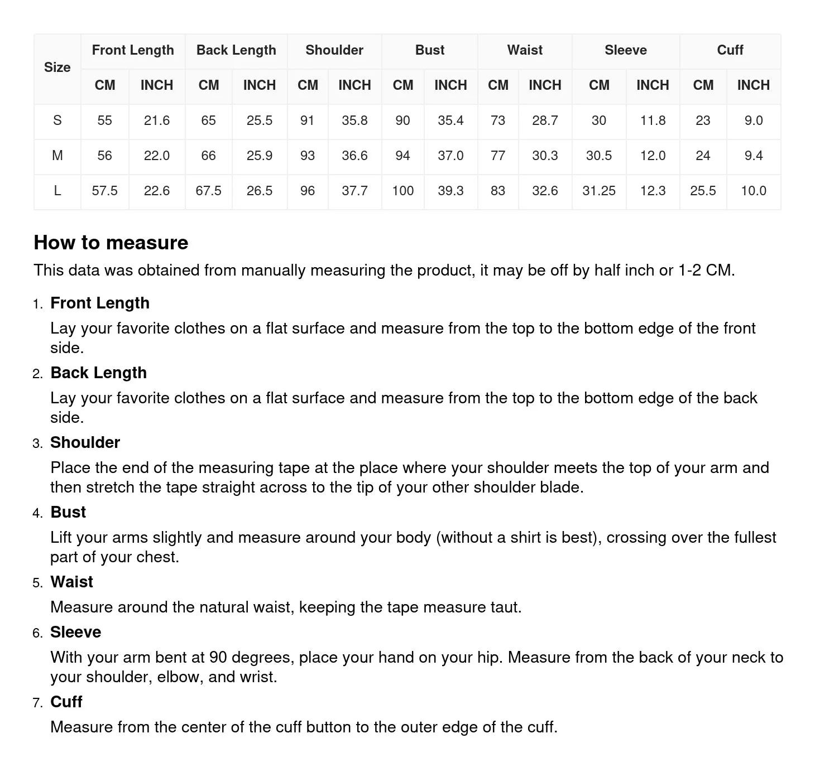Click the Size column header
tap(57, 67)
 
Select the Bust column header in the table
tap(429, 50)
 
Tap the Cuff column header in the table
tap(730, 50)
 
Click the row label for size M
tap(57, 156)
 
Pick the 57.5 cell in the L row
tap(104, 191)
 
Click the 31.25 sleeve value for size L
tap(598, 191)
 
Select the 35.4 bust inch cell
tap(450, 120)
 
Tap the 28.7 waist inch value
tap(545, 120)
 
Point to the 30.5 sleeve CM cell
tap(598, 156)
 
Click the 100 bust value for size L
tap(402, 191)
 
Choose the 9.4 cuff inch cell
tap(753, 156)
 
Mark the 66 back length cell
tap(208, 156)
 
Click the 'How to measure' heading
tap(111, 243)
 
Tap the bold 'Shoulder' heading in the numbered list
tap(85, 442)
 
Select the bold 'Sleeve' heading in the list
tap(75, 632)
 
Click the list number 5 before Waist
tap(37, 583)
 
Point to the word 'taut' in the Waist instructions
tap(505, 607)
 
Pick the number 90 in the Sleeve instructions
tap(218, 657)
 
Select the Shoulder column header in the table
tap(334, 50)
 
